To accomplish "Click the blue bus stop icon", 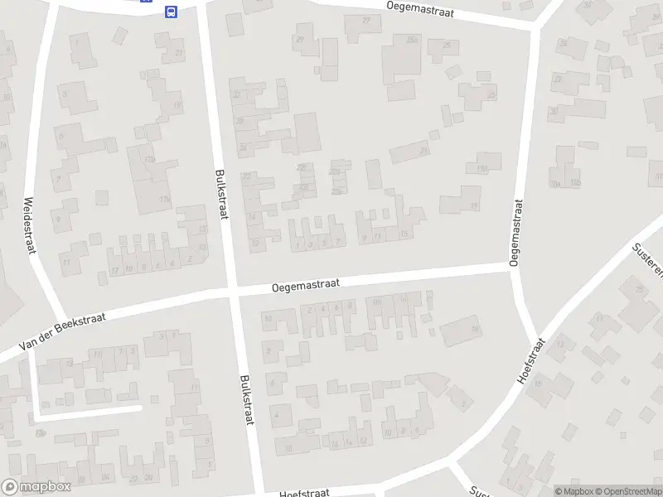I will [171, 12].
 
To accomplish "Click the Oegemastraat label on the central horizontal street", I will [306, 285].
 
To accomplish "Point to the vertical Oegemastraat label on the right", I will [515, 232].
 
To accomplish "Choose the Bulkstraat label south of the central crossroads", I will [246, 399].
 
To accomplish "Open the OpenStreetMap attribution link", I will [628, 491].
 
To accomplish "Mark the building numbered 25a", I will [411, 39].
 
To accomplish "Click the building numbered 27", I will [366, 19].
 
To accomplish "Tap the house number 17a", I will [150, 159].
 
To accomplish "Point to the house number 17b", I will [164, 200].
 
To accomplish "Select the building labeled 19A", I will [482, 168].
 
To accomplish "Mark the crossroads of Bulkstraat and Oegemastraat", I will [233, 292].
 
